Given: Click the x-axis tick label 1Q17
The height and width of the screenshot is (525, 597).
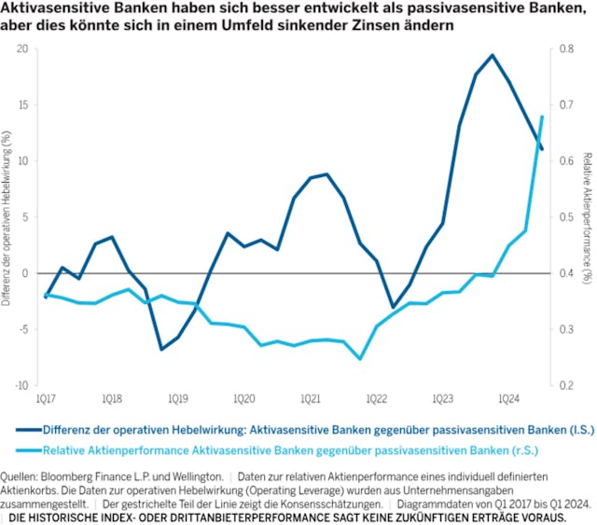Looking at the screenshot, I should pos(44,398).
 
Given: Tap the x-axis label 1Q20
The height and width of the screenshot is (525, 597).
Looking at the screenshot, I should pos(243,398).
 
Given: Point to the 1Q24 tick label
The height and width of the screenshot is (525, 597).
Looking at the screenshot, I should pos(508,398).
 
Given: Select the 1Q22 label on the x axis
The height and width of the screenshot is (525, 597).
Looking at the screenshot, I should pos(376,398).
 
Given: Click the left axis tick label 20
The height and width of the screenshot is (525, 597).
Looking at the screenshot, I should pos(22,48).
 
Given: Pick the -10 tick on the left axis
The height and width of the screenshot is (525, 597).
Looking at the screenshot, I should pos(21,384).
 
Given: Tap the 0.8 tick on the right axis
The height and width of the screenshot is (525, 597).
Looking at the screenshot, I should pos(566,48).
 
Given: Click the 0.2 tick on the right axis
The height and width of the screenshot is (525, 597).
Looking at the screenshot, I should pos(566,384).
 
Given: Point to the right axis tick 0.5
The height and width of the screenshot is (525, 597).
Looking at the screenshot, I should pos(566,216).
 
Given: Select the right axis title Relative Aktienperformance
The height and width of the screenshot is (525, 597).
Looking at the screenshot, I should pos(588,216).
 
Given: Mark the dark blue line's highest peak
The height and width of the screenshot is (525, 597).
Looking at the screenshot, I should pos(493,55).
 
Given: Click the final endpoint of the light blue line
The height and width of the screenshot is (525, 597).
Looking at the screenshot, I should pos(543,117).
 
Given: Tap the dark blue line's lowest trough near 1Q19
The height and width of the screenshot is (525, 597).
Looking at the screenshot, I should pos(161,349).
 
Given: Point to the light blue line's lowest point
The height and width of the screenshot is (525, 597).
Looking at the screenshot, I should pos(360,358).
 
